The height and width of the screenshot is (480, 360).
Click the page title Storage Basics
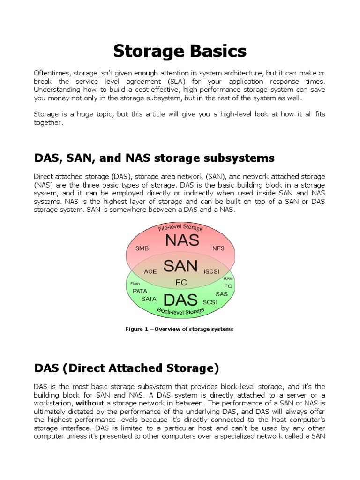point(180,51)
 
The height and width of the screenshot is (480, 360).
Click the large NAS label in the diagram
point(182,241)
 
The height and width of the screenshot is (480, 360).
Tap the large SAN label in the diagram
point(180,266)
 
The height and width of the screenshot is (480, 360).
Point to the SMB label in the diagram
point(142,248)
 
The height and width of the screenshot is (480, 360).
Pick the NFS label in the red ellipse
point(218,248)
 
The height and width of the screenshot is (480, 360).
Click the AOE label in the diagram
point(150,271)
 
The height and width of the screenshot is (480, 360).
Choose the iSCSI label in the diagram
point(211,271)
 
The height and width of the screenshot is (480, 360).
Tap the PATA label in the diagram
point(140,291)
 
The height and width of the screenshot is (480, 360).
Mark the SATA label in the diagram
point(149,299)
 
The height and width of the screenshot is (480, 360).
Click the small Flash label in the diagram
point(135,283)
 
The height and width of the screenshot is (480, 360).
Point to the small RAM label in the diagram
point(228,278)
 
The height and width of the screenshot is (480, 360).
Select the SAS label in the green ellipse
point(221,294)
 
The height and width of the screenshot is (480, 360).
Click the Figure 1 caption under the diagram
point(180,329)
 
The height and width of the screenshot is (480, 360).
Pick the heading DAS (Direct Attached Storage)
point(127,368)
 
